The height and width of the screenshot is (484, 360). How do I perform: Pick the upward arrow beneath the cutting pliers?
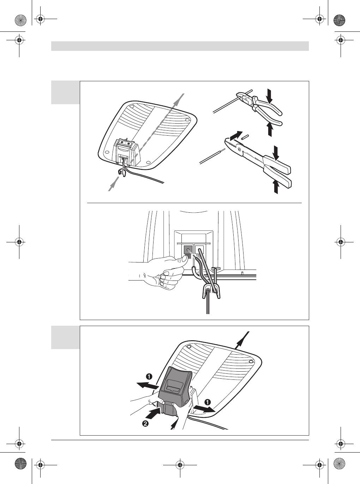click(x=270, y=130)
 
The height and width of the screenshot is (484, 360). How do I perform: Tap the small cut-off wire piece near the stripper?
click(x=245, y=137)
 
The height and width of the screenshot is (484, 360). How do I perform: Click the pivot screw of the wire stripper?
click(x=240, y=149)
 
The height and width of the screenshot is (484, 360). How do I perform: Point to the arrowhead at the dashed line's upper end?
click(x=181, y=97)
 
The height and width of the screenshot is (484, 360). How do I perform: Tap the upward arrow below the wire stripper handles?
click(x=276, y=187)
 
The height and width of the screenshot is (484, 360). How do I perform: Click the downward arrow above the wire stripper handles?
click(x=276, y=153)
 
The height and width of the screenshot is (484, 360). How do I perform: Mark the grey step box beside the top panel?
click(x=65, y=93)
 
